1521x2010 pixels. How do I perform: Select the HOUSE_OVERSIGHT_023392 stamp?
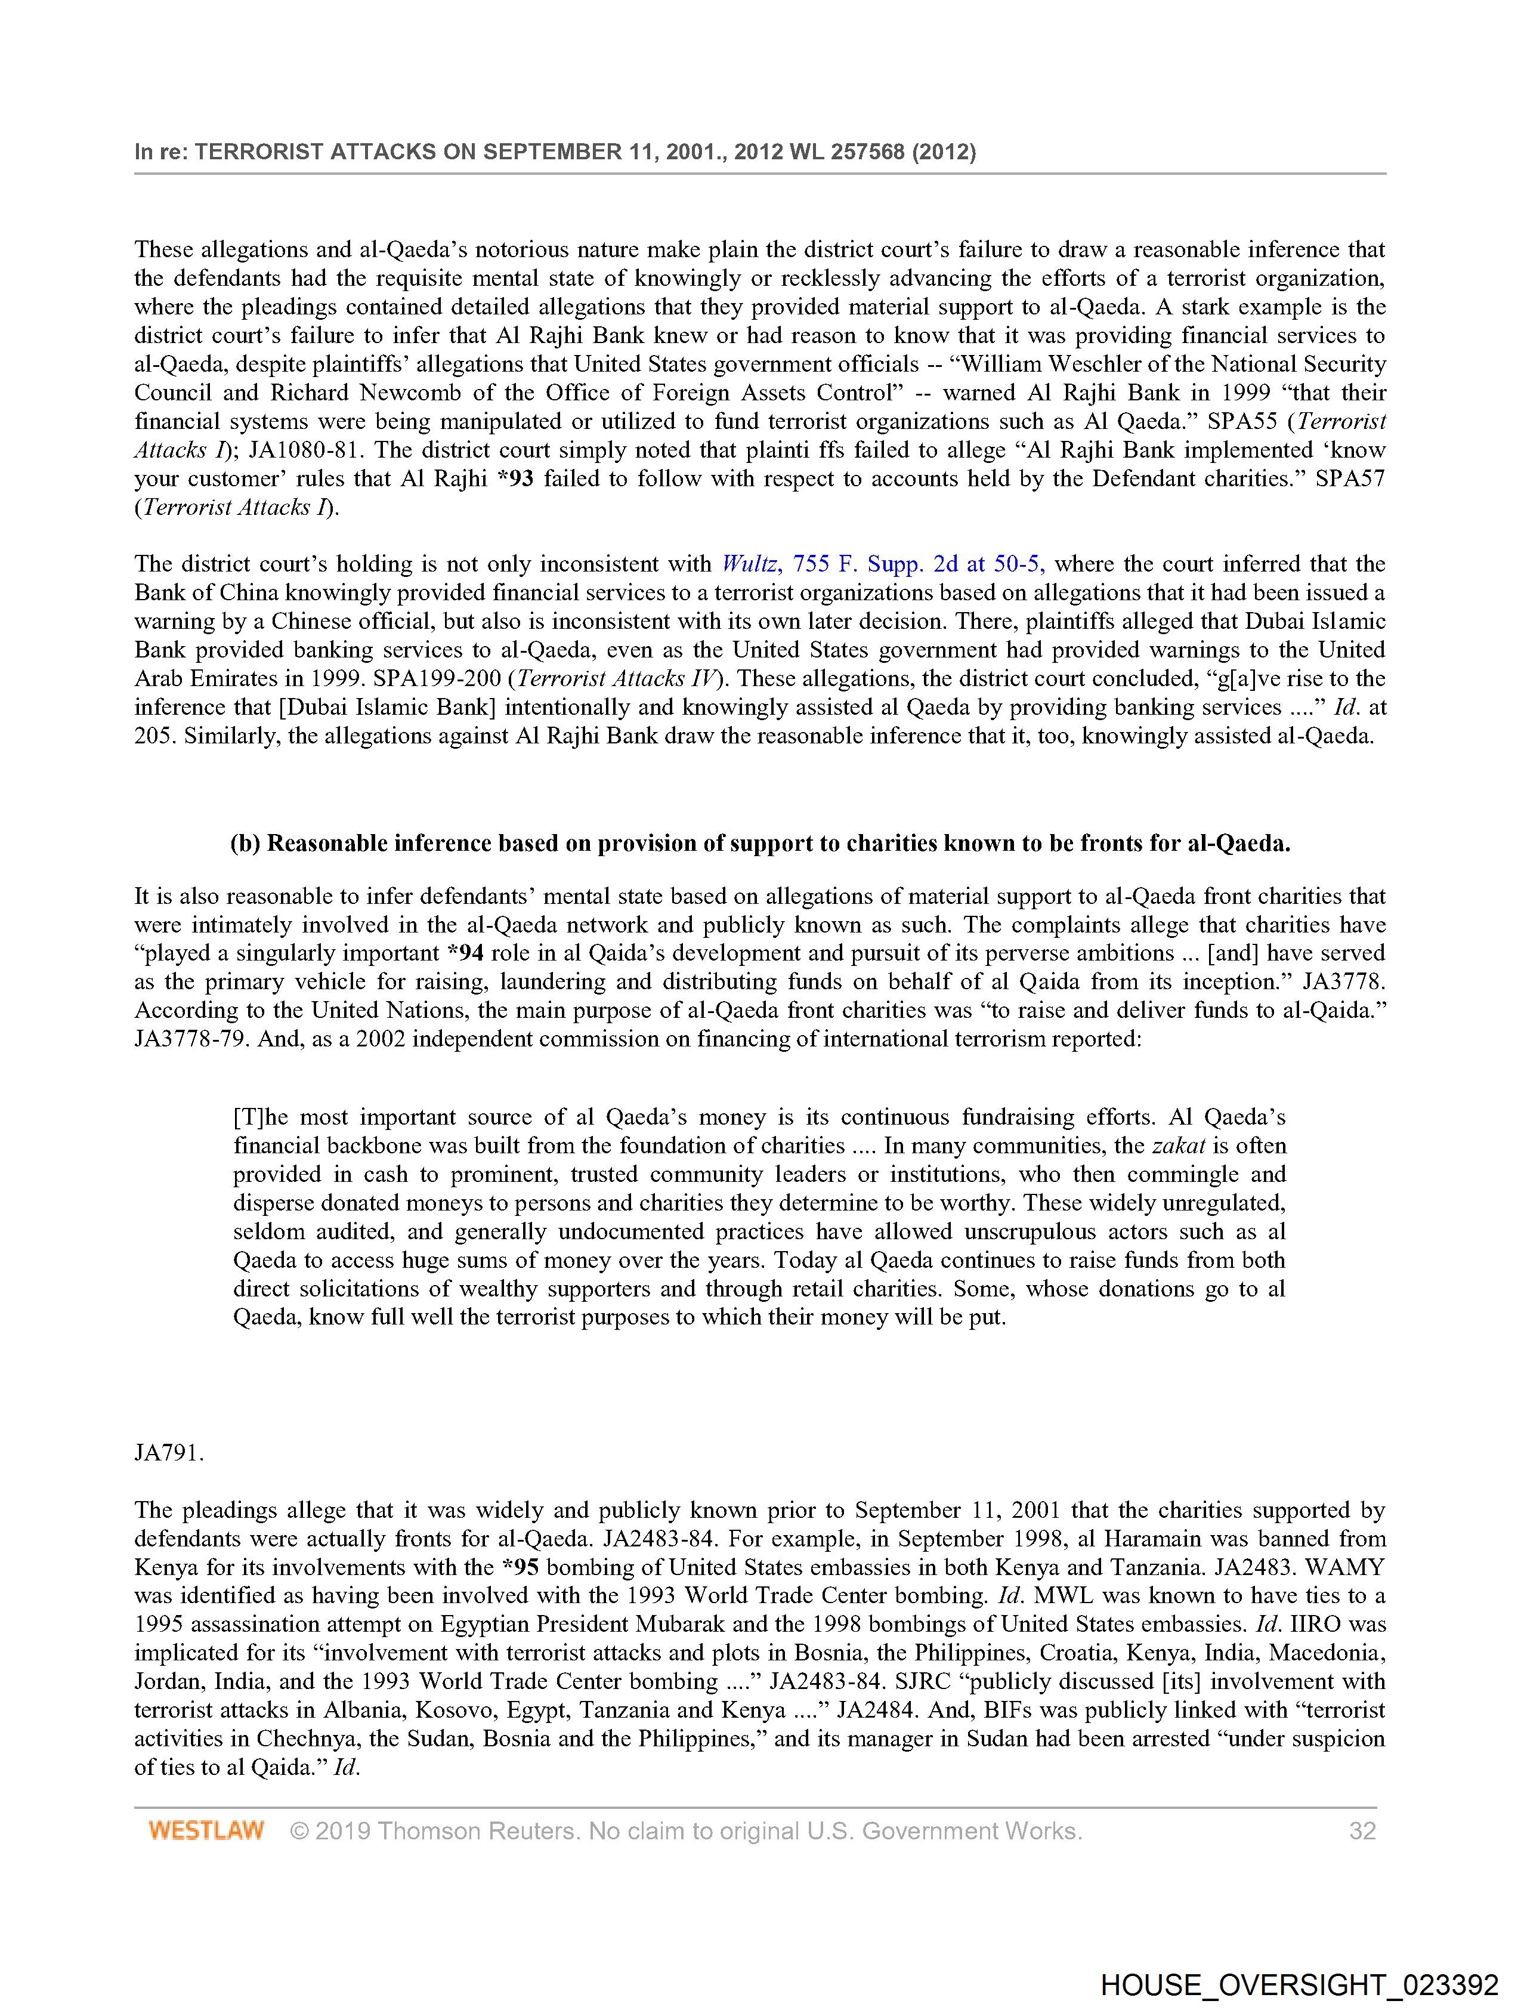pos(1299,1984)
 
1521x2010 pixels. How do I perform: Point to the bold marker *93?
pos(515,479)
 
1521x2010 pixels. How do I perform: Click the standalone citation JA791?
pos(169,1453)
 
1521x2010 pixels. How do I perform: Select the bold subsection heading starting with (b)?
pos(759,843)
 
